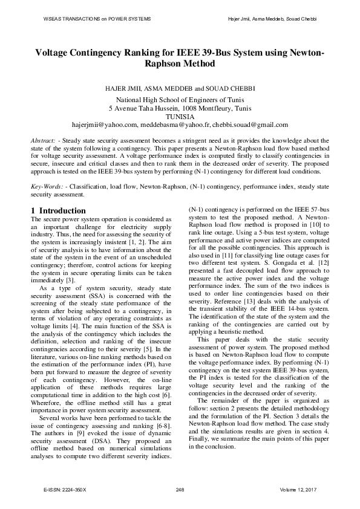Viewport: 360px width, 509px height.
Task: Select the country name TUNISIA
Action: click(180, 117)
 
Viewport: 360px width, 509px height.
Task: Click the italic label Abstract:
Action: click(44, 141)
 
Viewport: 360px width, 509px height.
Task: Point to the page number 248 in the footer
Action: click(180, 488)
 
